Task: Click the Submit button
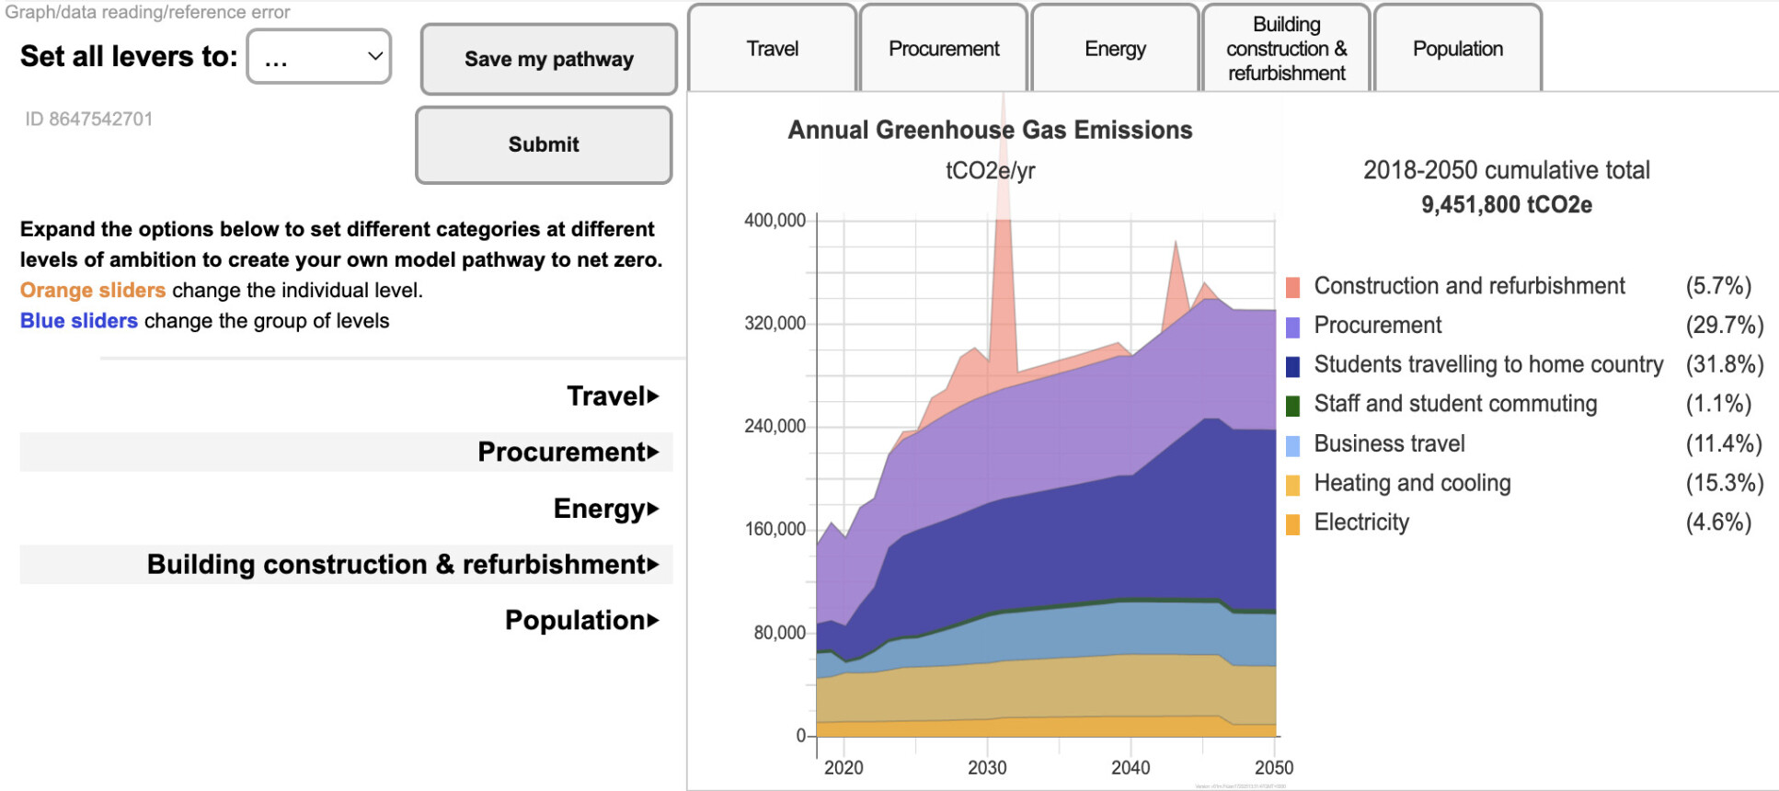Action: (x=544, y=145)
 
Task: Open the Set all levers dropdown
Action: (x=319, y=57)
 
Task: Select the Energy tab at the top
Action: (x=1115, y=49)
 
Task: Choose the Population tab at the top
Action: (x=1458, y=49)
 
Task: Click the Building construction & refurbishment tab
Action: (x=1286, y=49)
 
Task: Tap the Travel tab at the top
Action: (x=773, y=49)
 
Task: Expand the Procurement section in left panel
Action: (x=568, y=453)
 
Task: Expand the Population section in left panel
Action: (x=581, y=621)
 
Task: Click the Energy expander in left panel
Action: (x=605, y=509)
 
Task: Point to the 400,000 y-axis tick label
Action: (x=775, y=221)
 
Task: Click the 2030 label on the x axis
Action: (x=987, y=768)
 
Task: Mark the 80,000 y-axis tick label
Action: (x=779, y=633)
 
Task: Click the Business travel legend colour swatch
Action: (x=1292, y=446)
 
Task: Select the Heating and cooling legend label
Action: (x=1412, y=483)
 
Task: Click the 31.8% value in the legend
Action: (x=1724, y=364)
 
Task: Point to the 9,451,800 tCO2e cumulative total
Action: (x=1506, y=204)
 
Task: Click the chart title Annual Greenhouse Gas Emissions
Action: (x=990, y=130)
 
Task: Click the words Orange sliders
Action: (x=93, y=291)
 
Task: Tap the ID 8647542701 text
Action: (x=89, y=120)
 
